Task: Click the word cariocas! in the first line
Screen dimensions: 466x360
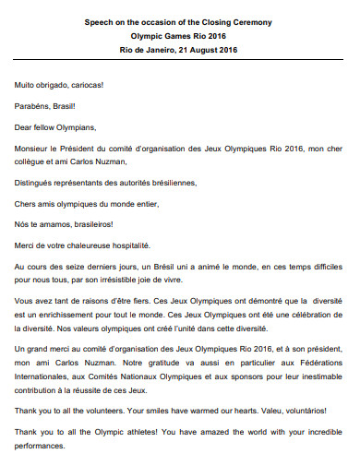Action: click(x=82, y=85)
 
